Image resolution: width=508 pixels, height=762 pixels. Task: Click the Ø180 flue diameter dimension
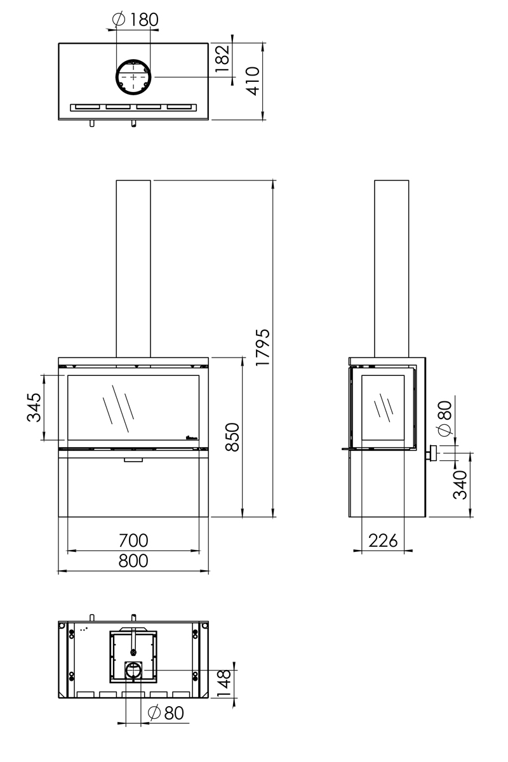coord(134,20)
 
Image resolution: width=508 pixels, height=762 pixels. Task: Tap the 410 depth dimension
coord(253,81)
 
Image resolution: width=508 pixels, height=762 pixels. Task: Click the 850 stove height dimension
coord(232,437)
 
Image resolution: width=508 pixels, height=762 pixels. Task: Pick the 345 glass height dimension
coord(34,407)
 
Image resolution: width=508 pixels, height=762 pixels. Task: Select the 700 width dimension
coord(133,540)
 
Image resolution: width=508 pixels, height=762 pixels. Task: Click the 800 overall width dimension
coord(133,561)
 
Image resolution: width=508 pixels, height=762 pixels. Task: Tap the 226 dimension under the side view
coord(383,540)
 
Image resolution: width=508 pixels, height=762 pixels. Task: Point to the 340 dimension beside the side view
coord(461,485)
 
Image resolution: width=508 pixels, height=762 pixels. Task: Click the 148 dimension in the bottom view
coord(224,683)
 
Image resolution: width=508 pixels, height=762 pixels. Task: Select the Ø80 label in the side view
coord(444,418)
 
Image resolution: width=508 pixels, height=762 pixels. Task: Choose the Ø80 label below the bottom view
coord(165,713)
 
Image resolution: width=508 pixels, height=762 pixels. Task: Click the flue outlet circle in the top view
coord(133,76)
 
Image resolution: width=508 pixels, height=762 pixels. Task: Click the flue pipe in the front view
coord(133,267)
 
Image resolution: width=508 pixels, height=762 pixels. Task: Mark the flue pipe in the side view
coord(391,267)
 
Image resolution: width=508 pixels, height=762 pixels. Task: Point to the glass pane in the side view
coord(383,407)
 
